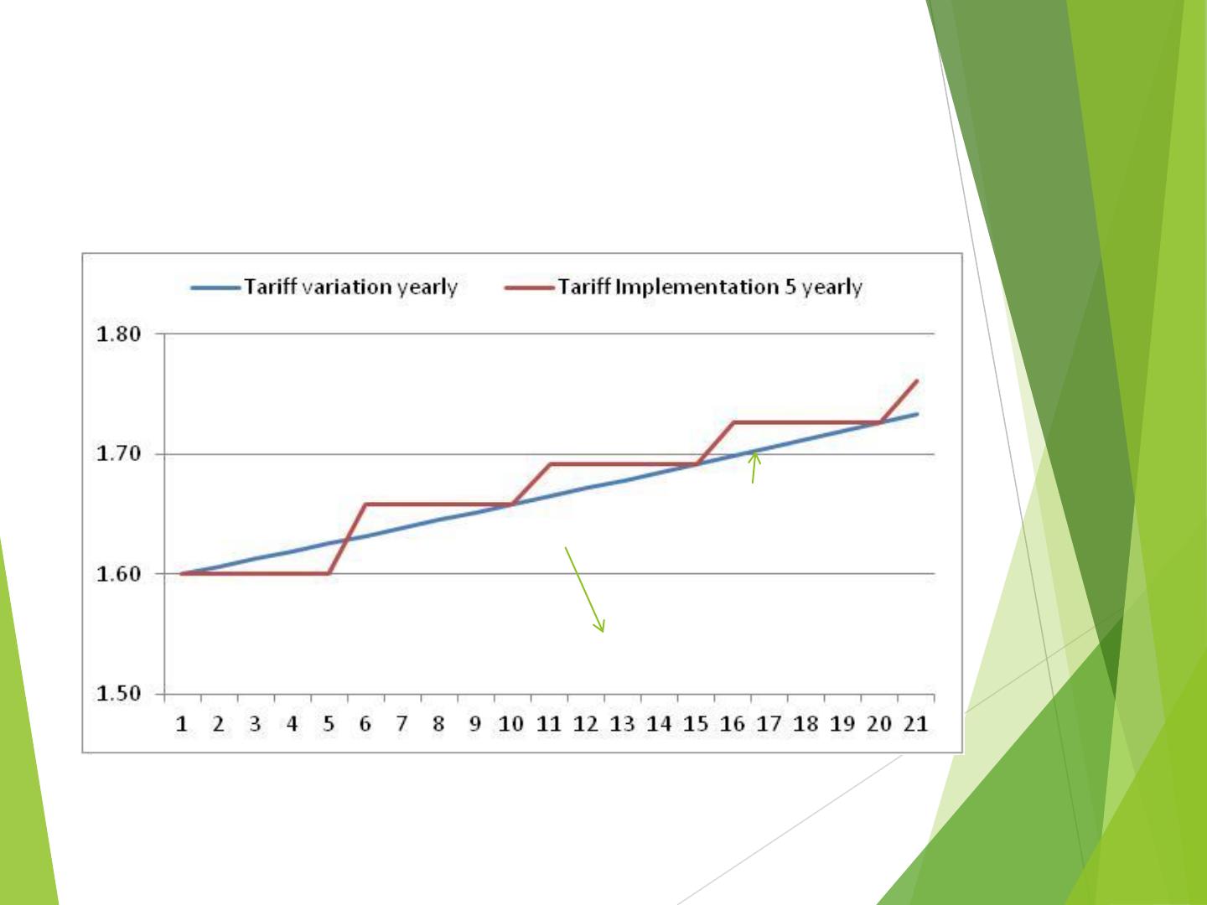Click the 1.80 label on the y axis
tap(118, 334)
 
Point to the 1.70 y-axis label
tap(118, 454)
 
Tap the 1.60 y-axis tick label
tap(118, 574)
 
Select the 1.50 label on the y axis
tap(118, 694)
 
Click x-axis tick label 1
tap(182, 724)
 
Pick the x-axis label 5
tap(329, 724)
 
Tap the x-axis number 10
tap(511, 724)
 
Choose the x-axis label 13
tap(623, 724)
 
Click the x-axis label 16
tap(733, 724)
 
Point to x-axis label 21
tap(916, 724)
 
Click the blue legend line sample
tap(215, 288)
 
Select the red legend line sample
tap(529, 288)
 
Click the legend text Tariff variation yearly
tap(351, 287)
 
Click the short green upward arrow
tap(754, 468)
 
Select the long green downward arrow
tap(585, 590)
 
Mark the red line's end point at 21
tap(917, 380)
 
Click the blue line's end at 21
tap(917, 414)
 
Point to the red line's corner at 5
tap(329, 573)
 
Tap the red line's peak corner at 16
tap(734, 422)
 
